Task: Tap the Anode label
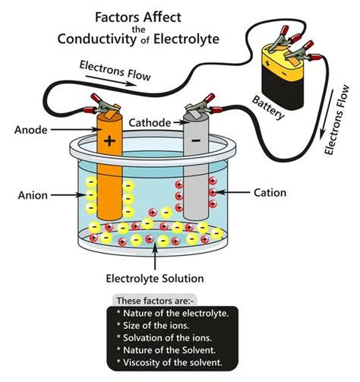pos(32,129)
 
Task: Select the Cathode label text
pos(150,122)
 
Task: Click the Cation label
pos(270,193)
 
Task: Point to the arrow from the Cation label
pos(232,194)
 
